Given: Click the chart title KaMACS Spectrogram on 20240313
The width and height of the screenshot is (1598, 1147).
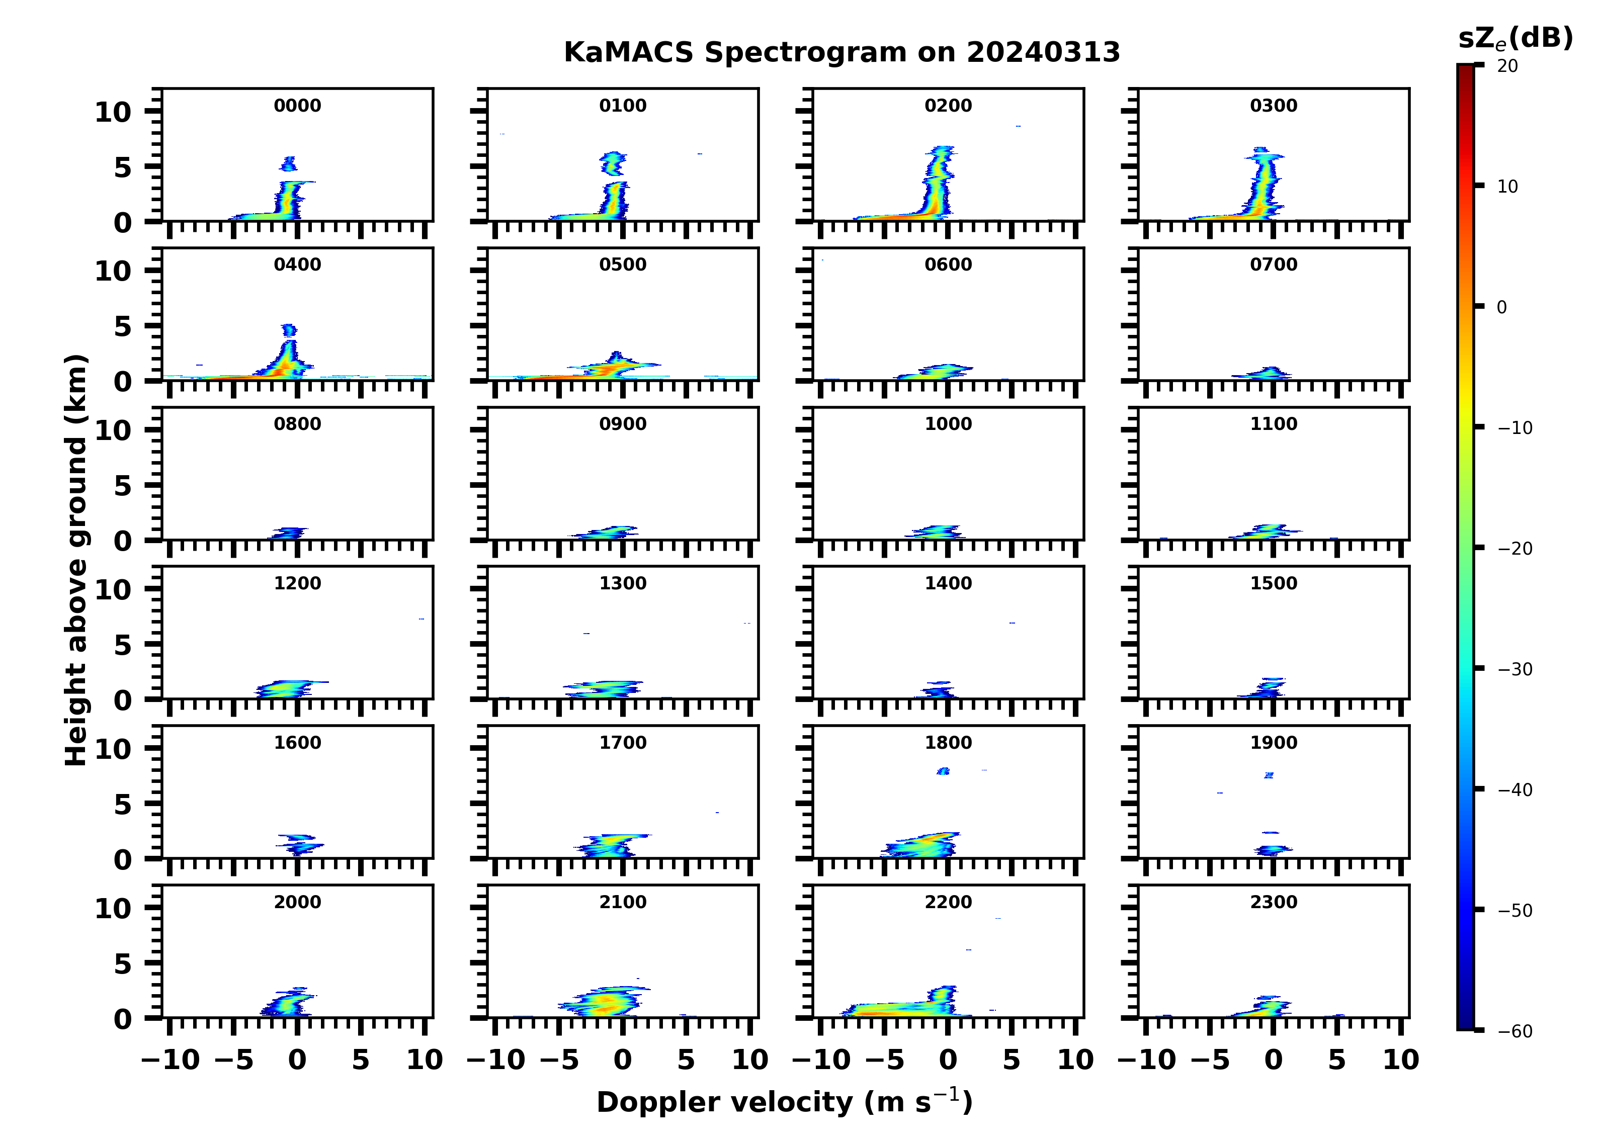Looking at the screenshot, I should click(x=842, y=53).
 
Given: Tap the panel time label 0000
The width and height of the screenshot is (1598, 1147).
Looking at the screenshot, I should click(x=297, y=106).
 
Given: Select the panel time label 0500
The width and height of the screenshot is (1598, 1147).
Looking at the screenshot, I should click(x=623, y=265).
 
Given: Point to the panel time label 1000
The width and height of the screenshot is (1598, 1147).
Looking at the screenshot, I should click(x=948, y=424).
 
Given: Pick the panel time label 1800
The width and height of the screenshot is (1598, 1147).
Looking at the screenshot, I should click(x=948, y=743).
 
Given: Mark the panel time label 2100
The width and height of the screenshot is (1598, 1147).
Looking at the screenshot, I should click(x=623, y=902).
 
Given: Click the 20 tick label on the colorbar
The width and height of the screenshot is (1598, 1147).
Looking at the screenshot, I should click(x=1508, y=66).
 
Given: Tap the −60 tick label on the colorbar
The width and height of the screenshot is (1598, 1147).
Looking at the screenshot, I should click(x=1515, y=1031).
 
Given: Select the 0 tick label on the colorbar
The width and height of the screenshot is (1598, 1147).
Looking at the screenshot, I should click(x=1501, y=307).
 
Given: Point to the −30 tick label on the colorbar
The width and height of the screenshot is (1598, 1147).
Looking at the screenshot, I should click(x=1515, y=669).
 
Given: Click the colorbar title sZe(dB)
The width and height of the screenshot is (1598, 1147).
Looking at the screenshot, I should click(x=1515, y=38).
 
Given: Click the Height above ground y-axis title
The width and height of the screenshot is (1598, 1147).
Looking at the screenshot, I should click(x=76, y=560).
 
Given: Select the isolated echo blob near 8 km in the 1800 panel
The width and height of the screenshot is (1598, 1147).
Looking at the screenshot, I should click(x=944, y=771).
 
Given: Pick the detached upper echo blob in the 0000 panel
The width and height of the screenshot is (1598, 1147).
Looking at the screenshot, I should click(x=289, y=164).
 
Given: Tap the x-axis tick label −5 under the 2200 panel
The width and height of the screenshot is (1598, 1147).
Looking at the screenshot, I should click(x=884, y=1060).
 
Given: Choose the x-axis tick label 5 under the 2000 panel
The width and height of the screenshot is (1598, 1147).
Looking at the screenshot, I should click(x=361, y=1060).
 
